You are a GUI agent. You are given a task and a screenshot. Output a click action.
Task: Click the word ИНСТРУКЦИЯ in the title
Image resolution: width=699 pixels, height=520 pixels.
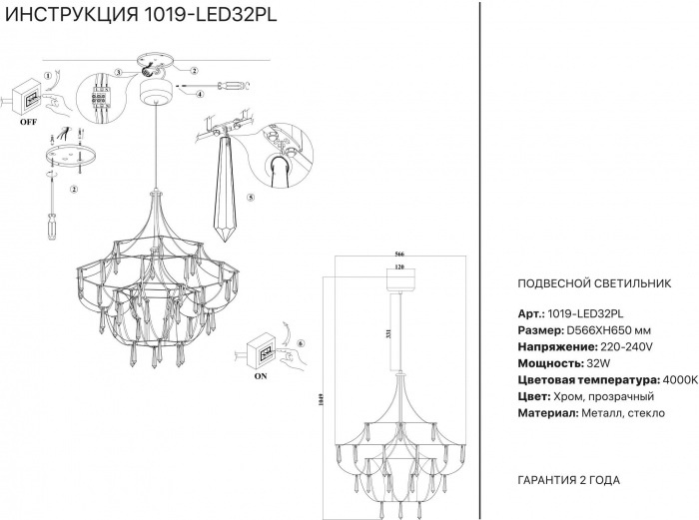(x=72, y=14)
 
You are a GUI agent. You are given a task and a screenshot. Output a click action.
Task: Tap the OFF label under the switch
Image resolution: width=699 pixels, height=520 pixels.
(x=29, y=122)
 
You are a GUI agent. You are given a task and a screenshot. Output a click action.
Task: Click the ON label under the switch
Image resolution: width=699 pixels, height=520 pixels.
(x=261, y=376)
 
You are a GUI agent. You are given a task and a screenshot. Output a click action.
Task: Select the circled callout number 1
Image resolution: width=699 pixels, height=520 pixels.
(x=48, y=76)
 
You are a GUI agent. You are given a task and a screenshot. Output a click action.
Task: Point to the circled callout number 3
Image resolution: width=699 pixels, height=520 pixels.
(x=118, y=72)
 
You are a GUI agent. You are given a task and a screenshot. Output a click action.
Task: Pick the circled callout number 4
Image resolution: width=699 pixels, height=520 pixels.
(x=200, y=94)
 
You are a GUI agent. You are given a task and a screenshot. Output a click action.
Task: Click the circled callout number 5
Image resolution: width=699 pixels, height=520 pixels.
(x=251, y=197)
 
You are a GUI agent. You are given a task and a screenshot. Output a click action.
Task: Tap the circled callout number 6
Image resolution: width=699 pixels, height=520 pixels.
(x=300, y=343)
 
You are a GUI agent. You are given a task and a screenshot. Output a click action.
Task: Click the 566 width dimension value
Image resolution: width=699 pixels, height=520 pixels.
(x=399, y=254)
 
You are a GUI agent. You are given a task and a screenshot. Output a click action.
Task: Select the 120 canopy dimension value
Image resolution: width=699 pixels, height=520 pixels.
(x=399, y=266)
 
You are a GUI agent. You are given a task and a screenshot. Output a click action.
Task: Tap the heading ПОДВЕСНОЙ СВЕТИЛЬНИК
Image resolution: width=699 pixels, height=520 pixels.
(x=594, y=283)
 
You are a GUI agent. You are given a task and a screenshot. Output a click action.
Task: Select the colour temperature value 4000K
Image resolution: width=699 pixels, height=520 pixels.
(x=680, y=380)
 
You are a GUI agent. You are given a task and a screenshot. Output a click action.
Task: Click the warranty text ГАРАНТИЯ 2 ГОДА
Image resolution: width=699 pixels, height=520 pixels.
(x=569, y=480)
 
